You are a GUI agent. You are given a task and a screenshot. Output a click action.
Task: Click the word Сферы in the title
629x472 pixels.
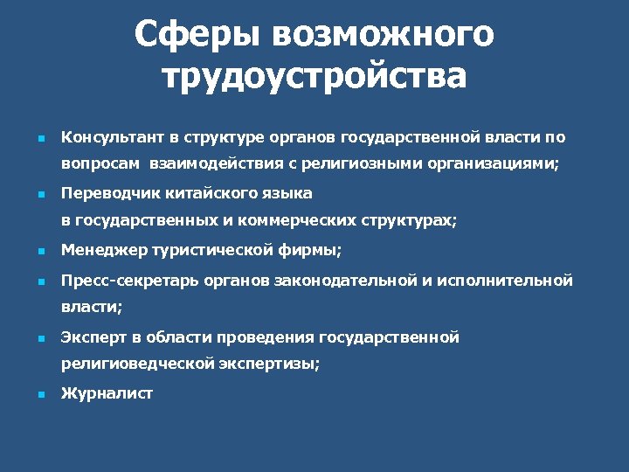click(197, 36)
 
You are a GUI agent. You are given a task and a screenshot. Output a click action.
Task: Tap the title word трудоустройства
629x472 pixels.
click(314, 76)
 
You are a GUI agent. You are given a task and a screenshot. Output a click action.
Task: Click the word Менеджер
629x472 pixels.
click(104, 251)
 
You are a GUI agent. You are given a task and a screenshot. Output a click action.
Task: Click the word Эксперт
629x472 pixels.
click(92, 337)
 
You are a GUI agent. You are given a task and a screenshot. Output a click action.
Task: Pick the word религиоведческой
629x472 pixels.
click(137, 364)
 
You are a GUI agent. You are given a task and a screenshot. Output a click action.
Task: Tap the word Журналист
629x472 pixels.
click(107, 394)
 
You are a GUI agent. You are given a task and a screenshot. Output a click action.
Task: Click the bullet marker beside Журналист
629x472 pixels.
click(40, 395)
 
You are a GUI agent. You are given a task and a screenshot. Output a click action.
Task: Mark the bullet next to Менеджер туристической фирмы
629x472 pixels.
click(40, 252)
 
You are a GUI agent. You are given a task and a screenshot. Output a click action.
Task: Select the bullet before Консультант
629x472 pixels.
click(40, 138)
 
